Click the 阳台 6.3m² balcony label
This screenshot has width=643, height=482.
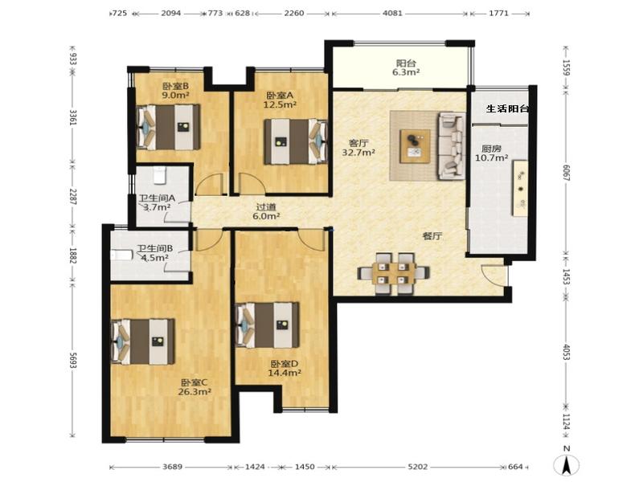pos(406,68)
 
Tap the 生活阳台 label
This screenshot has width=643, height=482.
pos(507,109)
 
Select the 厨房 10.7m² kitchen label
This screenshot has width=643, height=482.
pos(492,153)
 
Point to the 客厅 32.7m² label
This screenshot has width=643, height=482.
pos(358,148)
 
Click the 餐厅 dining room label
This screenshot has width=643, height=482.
pos(432,236)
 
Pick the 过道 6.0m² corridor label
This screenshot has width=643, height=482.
pos(267,211)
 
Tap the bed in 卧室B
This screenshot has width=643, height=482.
pos(169,127)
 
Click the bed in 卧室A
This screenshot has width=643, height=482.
pos(296,142)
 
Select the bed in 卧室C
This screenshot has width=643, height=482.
pos(143,342)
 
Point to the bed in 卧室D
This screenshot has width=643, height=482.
pos(268,325)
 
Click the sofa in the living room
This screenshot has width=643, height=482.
pos(452,146)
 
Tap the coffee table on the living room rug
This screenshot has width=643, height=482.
pos(416,146)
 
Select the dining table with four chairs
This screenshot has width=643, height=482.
pos(394,273)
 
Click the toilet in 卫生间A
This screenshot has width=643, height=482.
pos(159,174)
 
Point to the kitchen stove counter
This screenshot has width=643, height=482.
pos(519,188)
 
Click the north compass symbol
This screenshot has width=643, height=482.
pos(567,464)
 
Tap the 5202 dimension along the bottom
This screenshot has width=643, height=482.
pos(418,467)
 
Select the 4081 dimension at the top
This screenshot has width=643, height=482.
pos(392,13)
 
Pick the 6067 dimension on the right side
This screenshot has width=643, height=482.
pos(567,173)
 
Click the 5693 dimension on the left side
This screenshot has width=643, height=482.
pos(73,360)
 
